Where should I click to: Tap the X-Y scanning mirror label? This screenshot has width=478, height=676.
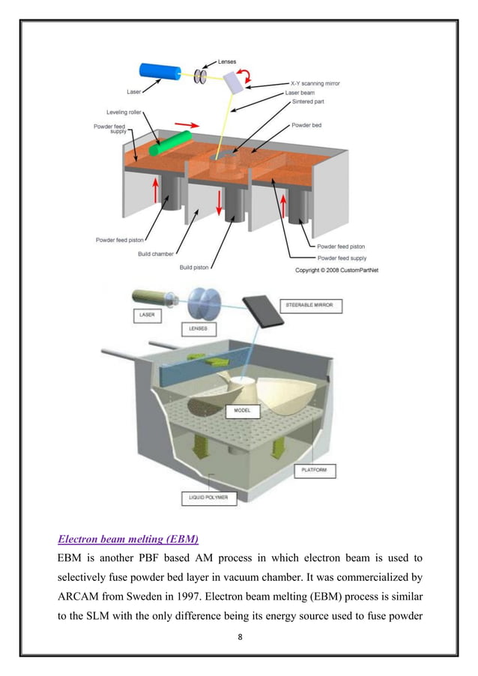315,83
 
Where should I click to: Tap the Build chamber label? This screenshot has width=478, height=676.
155,254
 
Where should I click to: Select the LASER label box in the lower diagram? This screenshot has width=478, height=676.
146,315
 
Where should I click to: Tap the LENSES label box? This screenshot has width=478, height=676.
196,328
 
